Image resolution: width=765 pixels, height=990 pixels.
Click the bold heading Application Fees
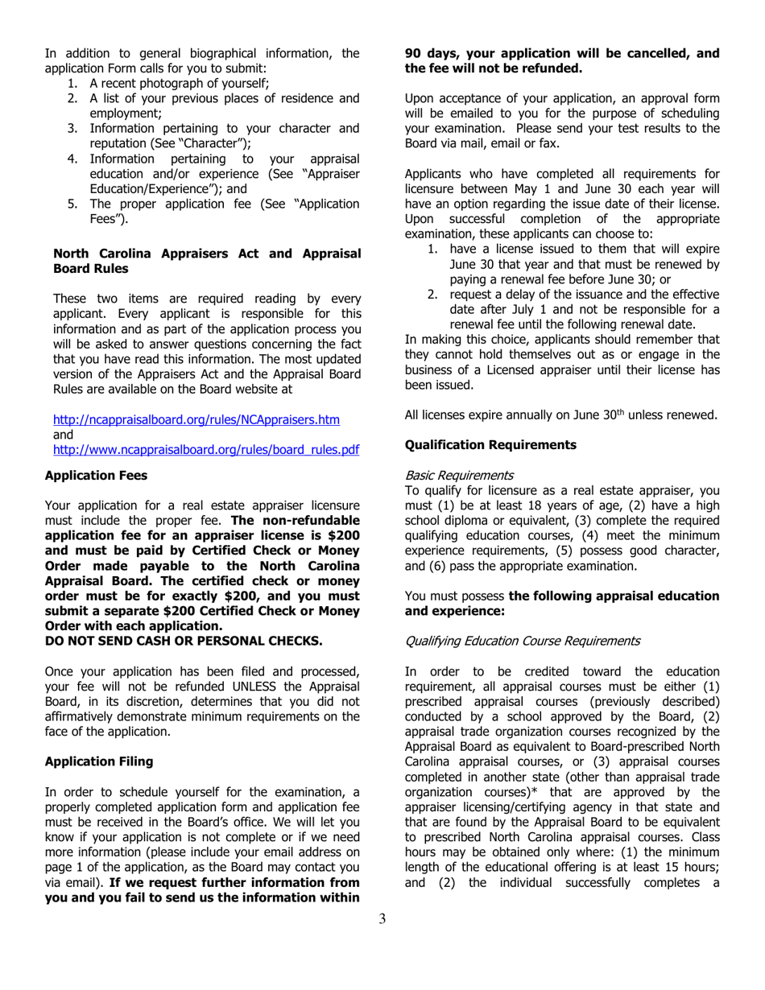(x=96, y=476)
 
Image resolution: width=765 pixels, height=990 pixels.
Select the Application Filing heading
(x=96, y=761)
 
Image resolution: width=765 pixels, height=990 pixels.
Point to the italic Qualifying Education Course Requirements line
(x=523, y=641)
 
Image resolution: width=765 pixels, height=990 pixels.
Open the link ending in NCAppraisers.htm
(x=196, y=419)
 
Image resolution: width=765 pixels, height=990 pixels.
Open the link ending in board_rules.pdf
(x=205, y=449)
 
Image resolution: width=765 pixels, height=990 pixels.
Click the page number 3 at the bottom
(x=382, y=919)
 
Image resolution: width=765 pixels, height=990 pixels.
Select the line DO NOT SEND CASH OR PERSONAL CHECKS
(x=184, y=641)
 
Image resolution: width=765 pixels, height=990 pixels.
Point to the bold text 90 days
(x=431, y=54)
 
